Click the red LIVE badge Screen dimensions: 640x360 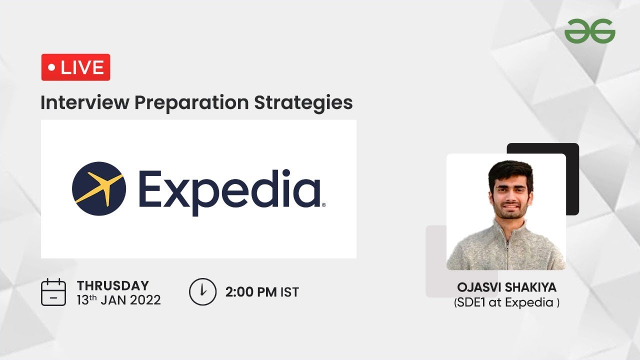tap(75, 67)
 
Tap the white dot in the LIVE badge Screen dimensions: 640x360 tap(51, 67)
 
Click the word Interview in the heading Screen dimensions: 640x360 tap(85, 102)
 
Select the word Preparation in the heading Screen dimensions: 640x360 tap(191, 103)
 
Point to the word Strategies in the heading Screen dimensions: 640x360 tap(303, 103)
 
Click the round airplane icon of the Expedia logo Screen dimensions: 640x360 tap(99, 188)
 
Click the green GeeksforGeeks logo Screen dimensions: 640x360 tap(589, 31)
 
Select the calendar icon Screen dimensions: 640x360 tap(53, 292)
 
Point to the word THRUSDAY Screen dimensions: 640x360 tap(113, 285)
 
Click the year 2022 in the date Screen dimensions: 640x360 tap(145, 300)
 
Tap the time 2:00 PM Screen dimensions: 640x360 tap(251, 292)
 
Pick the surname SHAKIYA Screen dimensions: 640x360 tap(531, 287)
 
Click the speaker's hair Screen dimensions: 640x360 tap(510, 171)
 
